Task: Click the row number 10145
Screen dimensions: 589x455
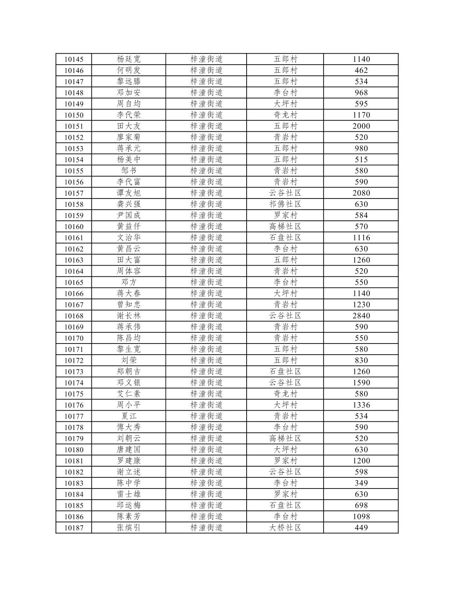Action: [x=74, y=59]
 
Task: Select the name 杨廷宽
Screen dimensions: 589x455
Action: [x=128, y=59]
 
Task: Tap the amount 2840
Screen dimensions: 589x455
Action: [x=361, y=316]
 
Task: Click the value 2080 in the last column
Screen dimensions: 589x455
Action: [x=361, y=193]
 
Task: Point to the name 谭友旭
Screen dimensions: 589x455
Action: [x=128, y=193]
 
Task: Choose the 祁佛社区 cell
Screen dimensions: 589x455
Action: [x=285, y=204]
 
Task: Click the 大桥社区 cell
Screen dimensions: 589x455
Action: [x=285, y=528]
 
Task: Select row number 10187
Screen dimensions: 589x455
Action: [x=74, y=528]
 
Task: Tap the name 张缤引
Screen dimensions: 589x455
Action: [x=128, y=528]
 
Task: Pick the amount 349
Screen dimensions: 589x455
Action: [x=361, y=483]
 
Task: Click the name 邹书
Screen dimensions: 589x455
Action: [x=128, y=171]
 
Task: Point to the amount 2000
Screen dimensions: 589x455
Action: [x=361, y=126]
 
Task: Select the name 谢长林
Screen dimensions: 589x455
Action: [x=128, y=316]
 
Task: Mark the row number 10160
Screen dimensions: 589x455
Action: [x=74, y=227]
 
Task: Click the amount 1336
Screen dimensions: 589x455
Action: [x=361, y=405]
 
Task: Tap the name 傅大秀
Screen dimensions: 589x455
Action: [x=128, y=428]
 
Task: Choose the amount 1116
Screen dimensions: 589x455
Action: [x=361, y=238]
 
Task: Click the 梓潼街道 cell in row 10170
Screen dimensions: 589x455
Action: [x=206, y=338]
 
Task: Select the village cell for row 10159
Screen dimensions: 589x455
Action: [x=285, y=215]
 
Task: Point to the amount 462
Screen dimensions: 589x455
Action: [x=361, y=70]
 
